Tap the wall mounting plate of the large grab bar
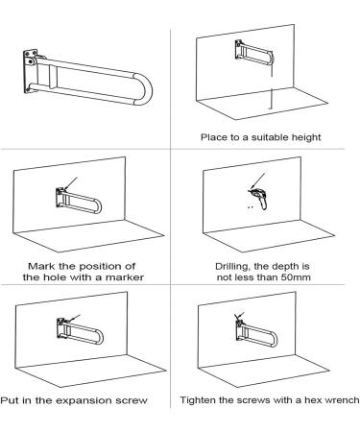pos(30,71)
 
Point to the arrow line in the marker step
pos(71,183)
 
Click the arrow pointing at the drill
pos(258,180)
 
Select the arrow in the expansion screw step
pos(74,318)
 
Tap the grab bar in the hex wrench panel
pos(256,333)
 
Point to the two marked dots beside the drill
pos(251,207)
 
